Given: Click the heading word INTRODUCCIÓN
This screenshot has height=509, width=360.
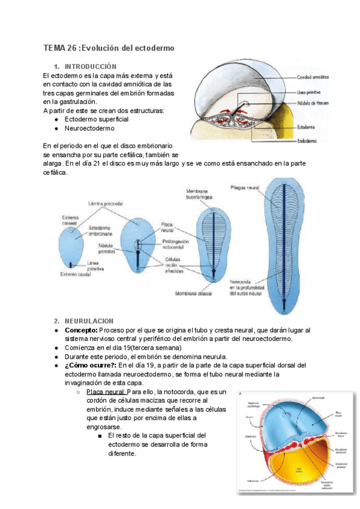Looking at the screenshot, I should tap(90, 66).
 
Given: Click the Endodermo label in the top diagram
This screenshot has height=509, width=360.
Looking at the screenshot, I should tap(307, 141).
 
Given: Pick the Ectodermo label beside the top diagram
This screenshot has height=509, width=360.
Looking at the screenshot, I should tap(306, 127).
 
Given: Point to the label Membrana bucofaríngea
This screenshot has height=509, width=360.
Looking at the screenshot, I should tap(202, 194).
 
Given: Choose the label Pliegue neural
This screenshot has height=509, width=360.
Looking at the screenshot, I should tap(244, 188).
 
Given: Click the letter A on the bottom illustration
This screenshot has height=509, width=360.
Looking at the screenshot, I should tap(241, 394).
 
